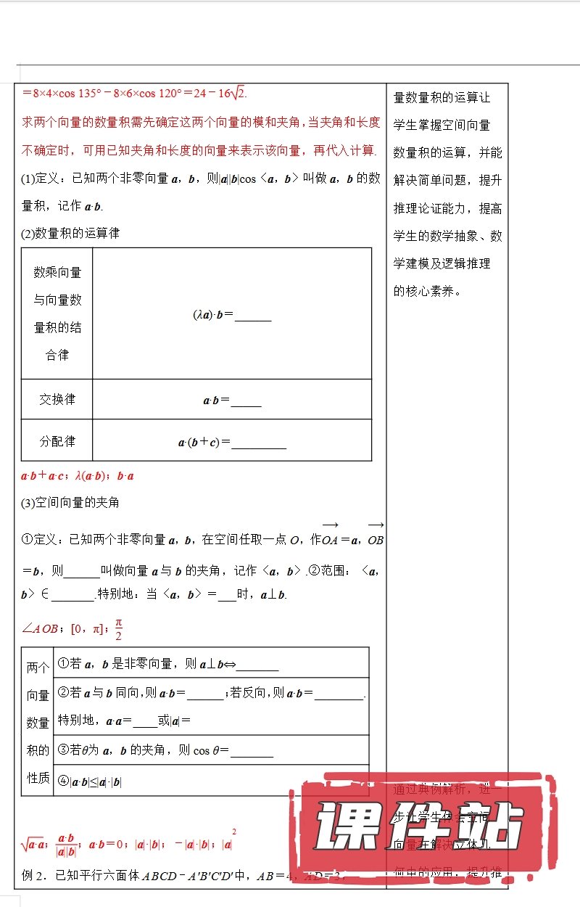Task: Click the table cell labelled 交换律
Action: coord(57,400)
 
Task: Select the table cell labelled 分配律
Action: coord(57,441)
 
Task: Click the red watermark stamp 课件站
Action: coord(420,827)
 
